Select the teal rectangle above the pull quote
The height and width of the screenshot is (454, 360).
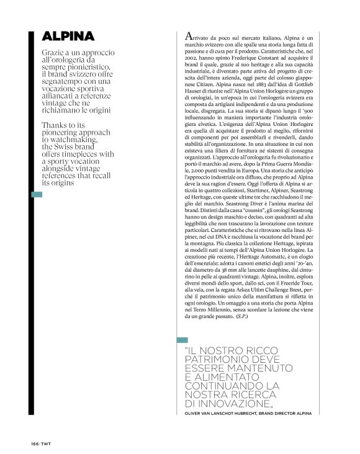coord(182,339)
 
